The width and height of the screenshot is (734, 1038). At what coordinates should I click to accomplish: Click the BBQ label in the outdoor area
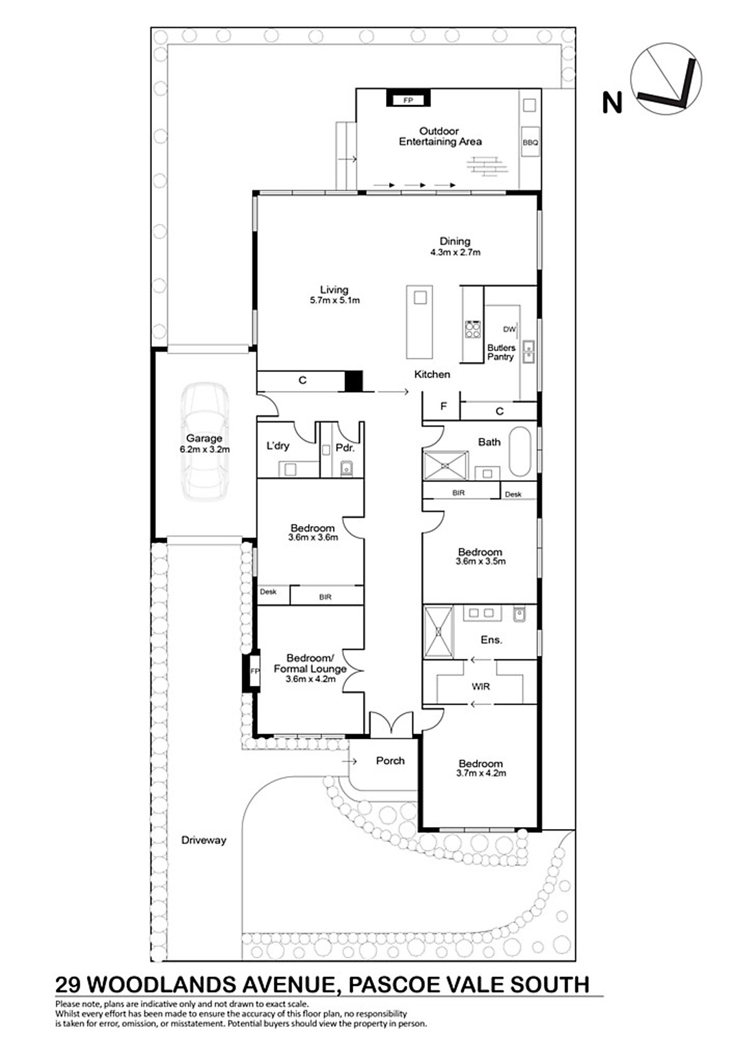tap(530, 142)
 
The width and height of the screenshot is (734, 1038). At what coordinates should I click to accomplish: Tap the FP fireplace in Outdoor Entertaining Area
tap(408, 98)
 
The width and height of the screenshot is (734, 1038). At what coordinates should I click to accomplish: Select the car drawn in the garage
tap(204, 441)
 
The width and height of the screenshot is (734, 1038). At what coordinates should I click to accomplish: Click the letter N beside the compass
tap(611, 103)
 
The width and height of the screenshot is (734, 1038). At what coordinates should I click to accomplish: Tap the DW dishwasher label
tap(509, 330)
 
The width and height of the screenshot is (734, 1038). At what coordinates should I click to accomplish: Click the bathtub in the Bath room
tap(520, 452)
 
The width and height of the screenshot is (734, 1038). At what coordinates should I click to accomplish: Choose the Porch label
tap(390, 760)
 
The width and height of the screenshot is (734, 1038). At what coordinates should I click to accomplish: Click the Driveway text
tap(204, 839)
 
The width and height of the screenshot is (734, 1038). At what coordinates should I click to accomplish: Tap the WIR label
tap(480, 686)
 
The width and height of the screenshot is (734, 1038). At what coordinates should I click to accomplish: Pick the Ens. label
tap(491, 640)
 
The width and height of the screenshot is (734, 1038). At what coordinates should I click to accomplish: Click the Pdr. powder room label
tap(345, 448)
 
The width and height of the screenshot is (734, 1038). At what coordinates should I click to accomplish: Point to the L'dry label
tap(278, 446)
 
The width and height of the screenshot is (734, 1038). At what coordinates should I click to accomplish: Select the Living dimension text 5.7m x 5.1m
tap(335, 300)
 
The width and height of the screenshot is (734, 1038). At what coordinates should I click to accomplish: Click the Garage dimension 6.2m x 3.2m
tap(204, 449)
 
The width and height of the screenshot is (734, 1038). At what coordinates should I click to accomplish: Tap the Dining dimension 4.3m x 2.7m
tap(456, 252)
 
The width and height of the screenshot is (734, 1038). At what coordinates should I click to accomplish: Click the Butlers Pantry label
tap(501, 352)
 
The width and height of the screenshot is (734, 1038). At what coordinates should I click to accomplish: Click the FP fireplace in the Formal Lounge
tap(254, 671)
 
